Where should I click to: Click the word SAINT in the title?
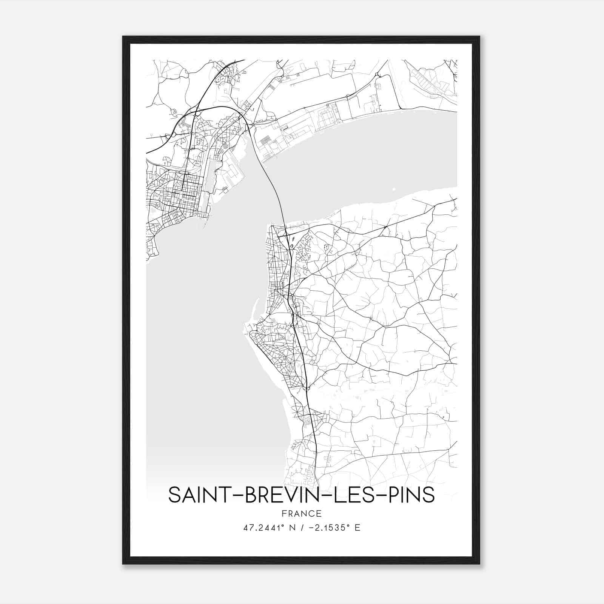[196, 495]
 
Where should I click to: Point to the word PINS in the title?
[414, 495]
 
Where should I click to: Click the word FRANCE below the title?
[302, 514]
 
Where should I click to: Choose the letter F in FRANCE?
[284, 514]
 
